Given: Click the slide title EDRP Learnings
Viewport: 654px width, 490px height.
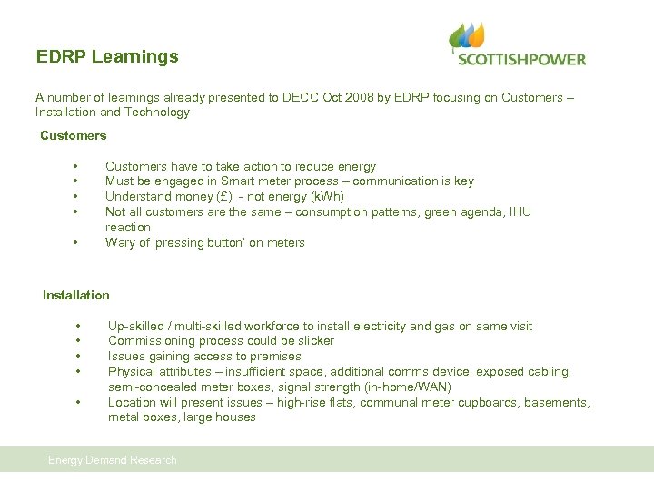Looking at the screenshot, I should tap(107, 56).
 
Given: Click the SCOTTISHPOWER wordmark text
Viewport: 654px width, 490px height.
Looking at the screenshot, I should tap(521, 60).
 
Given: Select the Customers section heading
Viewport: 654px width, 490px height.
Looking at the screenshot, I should tap(73, 135).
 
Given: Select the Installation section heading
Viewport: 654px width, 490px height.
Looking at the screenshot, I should tap(75, 295).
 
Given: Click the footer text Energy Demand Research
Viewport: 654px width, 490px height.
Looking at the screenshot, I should tap(113, 460).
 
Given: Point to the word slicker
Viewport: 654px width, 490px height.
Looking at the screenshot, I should tap(313, 341).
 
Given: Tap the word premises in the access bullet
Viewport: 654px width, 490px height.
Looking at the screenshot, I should tap(275, 357).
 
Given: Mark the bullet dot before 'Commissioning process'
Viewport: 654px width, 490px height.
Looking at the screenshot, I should tap(79, 342).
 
